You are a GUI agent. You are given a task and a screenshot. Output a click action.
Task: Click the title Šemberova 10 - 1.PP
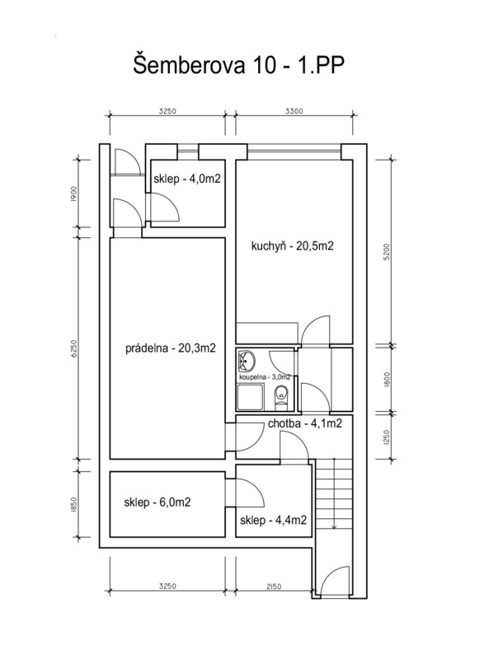tap(239, 66)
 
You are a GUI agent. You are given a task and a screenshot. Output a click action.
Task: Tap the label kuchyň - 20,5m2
tap(292, 245)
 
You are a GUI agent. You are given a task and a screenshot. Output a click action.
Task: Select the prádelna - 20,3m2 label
tap(171, 348)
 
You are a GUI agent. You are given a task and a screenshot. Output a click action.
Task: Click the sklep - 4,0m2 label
tap(187, 179)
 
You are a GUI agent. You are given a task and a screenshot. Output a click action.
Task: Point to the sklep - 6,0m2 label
tap(157, 502)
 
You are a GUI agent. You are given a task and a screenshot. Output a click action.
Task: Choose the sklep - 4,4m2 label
tap(273, 521)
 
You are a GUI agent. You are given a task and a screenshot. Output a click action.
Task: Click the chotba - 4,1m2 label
tap(305, 423)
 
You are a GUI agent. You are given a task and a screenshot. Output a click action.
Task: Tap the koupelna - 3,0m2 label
tap(265, 377)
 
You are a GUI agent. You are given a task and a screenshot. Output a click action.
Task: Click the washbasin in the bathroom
tap(246, 360)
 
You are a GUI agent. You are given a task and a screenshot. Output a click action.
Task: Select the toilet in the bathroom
tap(280, 397)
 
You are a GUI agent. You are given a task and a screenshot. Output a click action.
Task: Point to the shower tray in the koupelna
tap(251, 398)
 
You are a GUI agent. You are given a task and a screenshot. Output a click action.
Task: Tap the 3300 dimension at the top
tap(294, 111)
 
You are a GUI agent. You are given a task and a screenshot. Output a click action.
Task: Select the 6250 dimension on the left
tap(74, 348)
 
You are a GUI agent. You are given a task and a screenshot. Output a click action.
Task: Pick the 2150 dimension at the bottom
tap(273, 587)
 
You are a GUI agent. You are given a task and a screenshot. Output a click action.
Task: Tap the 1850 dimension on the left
tap(73, 504)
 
